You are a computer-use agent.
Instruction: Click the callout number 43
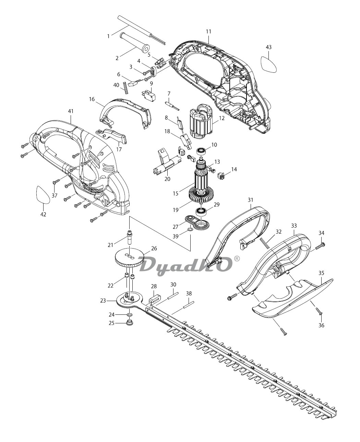[x=268, y=47]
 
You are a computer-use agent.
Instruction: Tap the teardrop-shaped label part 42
[x=43, y=194]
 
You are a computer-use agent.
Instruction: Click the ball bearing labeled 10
[x=201, y=151]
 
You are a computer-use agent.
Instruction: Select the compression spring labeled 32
[x=265, y=243]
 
